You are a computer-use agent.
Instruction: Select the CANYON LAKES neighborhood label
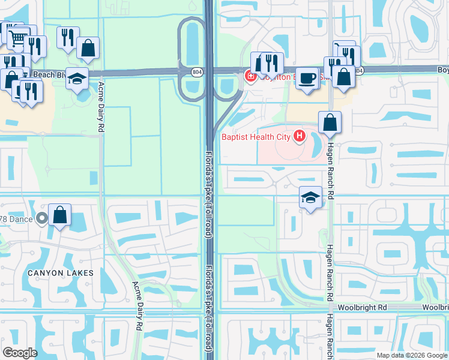60,273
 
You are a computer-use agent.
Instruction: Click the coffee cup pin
307,77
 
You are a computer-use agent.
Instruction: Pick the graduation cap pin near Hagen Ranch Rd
310,197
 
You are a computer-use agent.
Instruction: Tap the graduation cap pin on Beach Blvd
77,79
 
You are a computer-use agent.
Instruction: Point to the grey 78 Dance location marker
41,218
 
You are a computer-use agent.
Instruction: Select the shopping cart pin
19,38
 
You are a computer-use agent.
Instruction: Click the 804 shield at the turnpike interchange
197,71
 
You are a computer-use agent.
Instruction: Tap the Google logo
20,352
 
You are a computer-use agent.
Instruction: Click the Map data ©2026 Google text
412,355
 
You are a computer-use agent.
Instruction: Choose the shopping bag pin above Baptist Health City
330,122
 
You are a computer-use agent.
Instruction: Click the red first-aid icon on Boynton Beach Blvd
249,76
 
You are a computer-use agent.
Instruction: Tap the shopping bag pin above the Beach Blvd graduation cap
88,49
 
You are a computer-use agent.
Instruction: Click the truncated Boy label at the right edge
442,70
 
